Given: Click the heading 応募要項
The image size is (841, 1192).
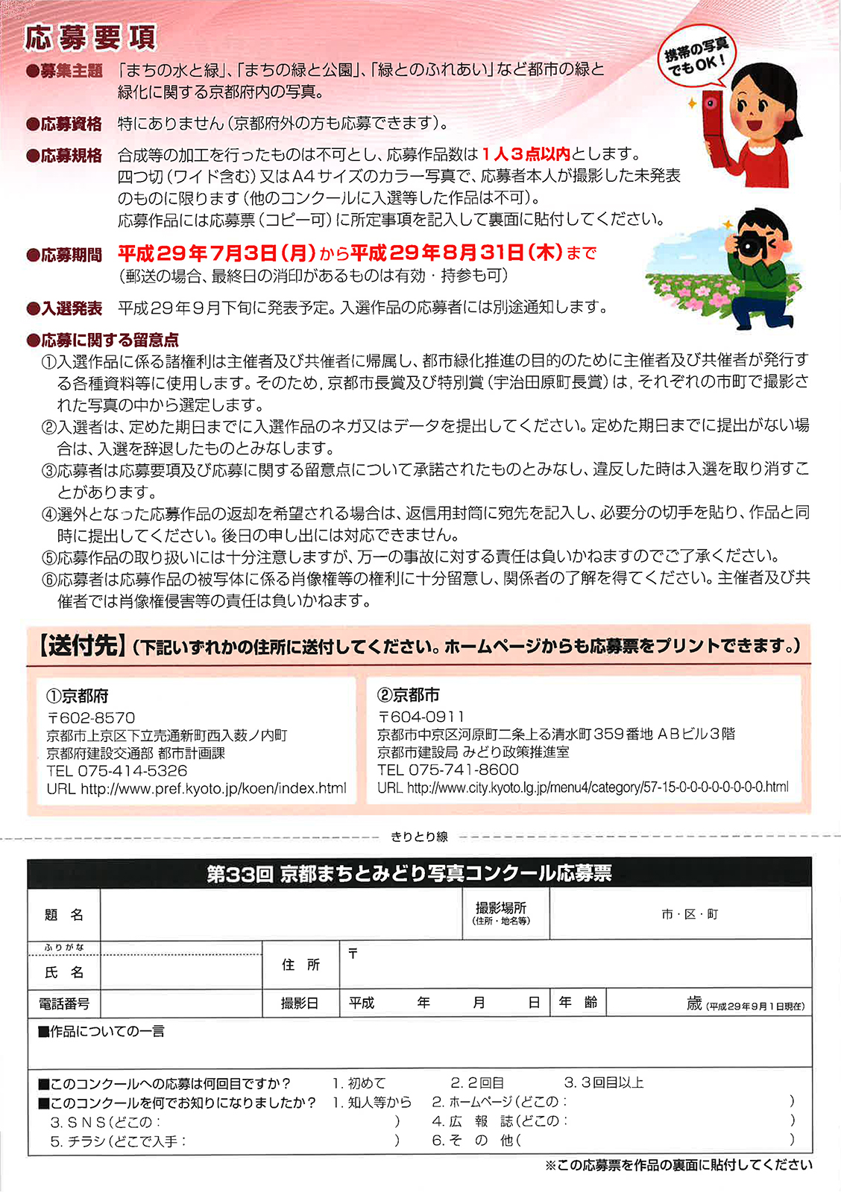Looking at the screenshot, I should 90,37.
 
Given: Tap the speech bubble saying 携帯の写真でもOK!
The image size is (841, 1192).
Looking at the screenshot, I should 695,57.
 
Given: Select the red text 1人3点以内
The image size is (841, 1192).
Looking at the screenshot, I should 526,154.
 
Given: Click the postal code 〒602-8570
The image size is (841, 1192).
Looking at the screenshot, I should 91,717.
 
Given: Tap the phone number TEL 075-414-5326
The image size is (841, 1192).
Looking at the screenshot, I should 117,771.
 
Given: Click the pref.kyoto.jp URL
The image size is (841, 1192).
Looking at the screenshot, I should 196,788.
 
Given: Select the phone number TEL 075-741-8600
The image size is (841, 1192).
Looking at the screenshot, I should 448,770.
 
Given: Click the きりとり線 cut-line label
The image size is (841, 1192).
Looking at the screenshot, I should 419,837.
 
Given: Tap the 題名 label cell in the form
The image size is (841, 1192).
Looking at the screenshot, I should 64,915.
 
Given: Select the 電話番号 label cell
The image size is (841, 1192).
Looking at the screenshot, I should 64,1004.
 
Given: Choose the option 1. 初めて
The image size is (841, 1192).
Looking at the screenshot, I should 359,1083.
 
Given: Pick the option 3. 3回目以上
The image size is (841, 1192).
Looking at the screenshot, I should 603,1082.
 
